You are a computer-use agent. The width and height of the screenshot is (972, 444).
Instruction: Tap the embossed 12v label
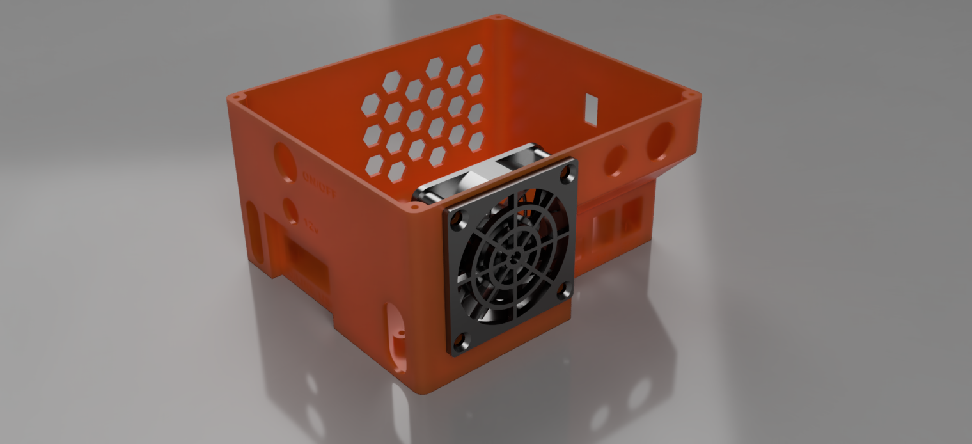coord(311,225)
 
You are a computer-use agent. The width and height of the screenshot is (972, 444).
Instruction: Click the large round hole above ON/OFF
coord(285,162)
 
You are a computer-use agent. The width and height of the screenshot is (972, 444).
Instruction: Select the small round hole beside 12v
coord(290,210)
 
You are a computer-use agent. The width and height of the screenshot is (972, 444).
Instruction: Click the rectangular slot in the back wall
coord(592,109)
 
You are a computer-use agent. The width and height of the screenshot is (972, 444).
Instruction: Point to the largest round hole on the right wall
coord(660,141)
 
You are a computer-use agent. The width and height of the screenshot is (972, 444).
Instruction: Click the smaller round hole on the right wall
coord(615,161)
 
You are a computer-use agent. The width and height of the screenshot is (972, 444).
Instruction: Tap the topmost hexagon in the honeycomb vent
coord(474,55)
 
